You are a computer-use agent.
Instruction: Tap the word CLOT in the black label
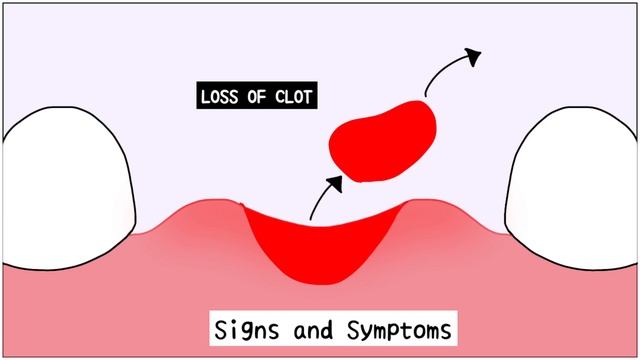295,98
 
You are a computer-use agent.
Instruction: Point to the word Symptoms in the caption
381,328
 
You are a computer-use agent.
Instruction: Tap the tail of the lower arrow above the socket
311,217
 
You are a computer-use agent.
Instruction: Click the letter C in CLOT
280,98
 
